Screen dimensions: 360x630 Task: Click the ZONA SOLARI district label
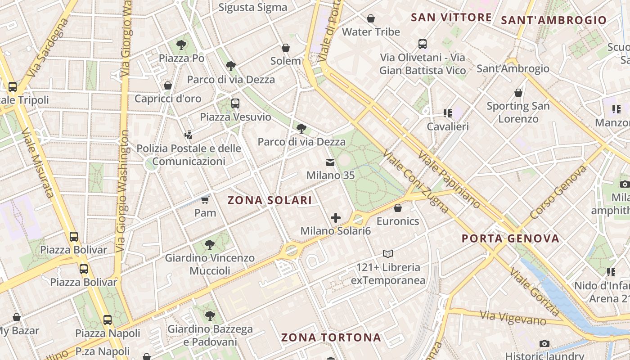[270, 200]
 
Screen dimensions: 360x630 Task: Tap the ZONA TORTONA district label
[331, 337]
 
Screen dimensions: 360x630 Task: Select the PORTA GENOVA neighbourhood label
[510, 238]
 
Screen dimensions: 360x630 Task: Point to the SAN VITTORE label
[451, 18]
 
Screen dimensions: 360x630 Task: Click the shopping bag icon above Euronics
[397, 208]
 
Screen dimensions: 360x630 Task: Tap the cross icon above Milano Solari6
[336, 218]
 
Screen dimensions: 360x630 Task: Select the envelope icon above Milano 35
[330, 162]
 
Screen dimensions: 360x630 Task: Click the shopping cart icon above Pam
[205, 199]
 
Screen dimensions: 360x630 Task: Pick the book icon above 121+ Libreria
[388, 254]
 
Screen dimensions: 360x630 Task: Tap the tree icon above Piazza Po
[181, 45]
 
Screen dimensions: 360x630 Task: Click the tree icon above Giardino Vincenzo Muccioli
[209, 245]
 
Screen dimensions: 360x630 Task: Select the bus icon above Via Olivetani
[422, 44]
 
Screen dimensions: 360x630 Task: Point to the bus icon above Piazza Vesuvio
[235, 103]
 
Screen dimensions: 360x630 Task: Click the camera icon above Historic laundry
[544, 343]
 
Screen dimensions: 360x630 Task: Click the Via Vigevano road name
[513, 318]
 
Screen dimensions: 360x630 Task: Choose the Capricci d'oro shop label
[168, 99]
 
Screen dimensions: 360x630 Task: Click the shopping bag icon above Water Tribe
[371, 18]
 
